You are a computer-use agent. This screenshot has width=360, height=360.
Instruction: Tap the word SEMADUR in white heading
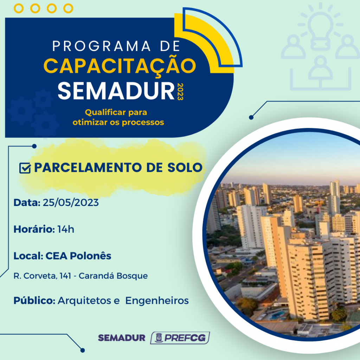pyautogui.click(x=116, y=91)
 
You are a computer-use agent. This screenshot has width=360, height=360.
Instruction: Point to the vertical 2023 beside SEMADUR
pyautogui.click(x=180, y=92)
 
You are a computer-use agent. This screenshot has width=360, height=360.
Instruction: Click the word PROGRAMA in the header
pyautogui.click(x=101, y=46)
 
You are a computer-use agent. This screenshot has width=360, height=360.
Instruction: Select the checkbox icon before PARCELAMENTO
pyautogui.click(x=25, y=168)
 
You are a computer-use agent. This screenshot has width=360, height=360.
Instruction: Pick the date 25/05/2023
pyautogui.click(x=71, y=202)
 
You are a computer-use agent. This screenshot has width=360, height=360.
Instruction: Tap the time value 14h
pyautogui.click(x=66, y=229)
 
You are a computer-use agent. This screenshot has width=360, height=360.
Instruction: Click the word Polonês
pyautogui.click(x=90, y=256)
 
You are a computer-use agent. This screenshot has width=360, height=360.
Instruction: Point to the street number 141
pyautogui.click(x=65, y=276)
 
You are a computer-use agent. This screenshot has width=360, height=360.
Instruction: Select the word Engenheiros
pyautogui.click(x=157, y=301)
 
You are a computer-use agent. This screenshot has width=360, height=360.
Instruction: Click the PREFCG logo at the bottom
pyautogui.click(x=180, y=338)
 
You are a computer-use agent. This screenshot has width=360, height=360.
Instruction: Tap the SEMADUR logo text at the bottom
pyautogui.click(x=122, y=338)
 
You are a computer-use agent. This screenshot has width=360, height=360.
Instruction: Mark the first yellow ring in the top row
pyautogui.click(x=19, y=8)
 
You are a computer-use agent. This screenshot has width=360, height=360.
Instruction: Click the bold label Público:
pyautogui.click(x=34, y=301)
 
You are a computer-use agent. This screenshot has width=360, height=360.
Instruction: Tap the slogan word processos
pyautogui.click(x=143, y=123)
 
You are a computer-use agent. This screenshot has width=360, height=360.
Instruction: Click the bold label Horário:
pyautogui.click(x=34, y=229)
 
